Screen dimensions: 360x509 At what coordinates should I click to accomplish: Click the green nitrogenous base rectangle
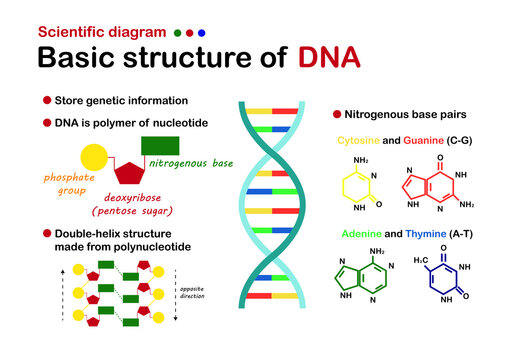click(160, 144)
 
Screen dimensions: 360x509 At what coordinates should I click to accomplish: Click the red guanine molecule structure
click(430, 185)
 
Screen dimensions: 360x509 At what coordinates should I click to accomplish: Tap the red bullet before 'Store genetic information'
click(47, 100)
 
